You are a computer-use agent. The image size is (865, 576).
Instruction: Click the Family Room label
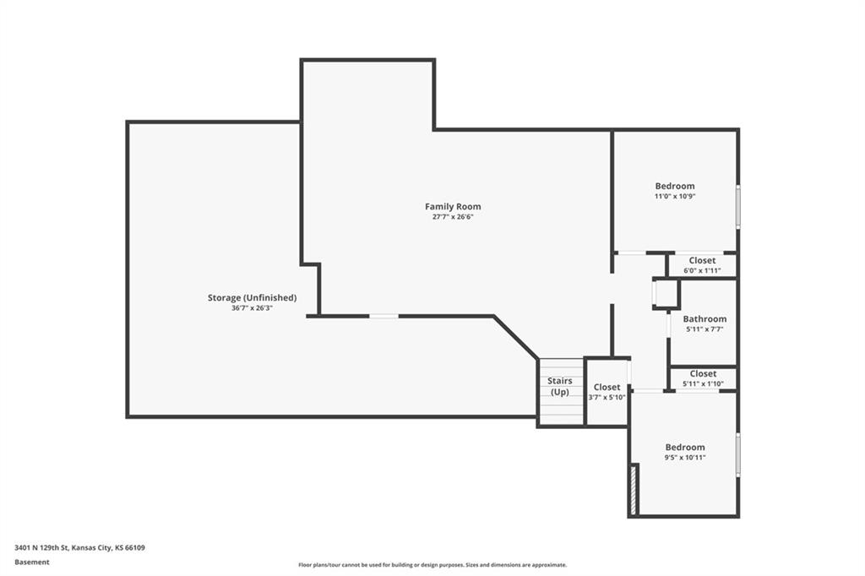pyautogui.click(x=453, y=206)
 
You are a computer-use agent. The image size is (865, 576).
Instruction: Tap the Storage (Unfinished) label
pyautogui.click(x=252, y=298)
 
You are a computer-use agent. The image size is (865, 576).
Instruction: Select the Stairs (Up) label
pyautogui.click(x=560, y=386)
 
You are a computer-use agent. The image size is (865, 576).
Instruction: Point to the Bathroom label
pyautogui.click(x=705, y=319)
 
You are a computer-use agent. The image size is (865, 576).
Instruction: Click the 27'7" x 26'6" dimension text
pyautogui.click(x=453, y=217)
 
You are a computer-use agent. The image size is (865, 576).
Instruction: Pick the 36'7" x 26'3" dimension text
pyautogui.click(x=252, y=308)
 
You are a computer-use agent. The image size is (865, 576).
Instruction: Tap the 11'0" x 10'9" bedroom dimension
pyautogui.click(x=675, y=196)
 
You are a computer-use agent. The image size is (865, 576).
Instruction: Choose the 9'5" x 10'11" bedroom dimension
pyautogui.click(x=685, y=458)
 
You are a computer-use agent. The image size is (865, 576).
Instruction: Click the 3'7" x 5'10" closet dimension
pyautogui.click(x=607, y=397)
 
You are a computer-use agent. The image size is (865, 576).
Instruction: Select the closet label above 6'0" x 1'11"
pyautogui.click(x=702, y=260)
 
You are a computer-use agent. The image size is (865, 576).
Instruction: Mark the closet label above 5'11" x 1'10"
pyautogui.click(x=703, y=373)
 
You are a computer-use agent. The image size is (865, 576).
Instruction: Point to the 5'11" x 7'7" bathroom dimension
pyautogui.click(x=705, y=329)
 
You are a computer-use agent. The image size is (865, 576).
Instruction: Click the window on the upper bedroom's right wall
pyautogui.click(x=738, y=206)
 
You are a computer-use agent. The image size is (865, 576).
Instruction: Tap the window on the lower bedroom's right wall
pyautogui.click(x=738, y=455)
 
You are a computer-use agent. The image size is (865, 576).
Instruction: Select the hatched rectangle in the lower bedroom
pyautogui.click(x=634, y=489)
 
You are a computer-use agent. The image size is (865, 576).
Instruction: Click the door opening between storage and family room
pyautogui.click(x=384, y=316)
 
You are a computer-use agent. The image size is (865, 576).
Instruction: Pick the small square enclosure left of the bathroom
pyautogui.click(x=666, y=294)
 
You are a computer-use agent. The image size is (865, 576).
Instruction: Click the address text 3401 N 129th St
pyautogui.click(x=42, y=548)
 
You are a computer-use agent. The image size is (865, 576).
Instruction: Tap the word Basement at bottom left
pyautogui.click(x=32, y=562)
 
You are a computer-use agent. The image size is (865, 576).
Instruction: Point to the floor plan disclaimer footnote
pyautogui.click(x=432, y=565)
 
